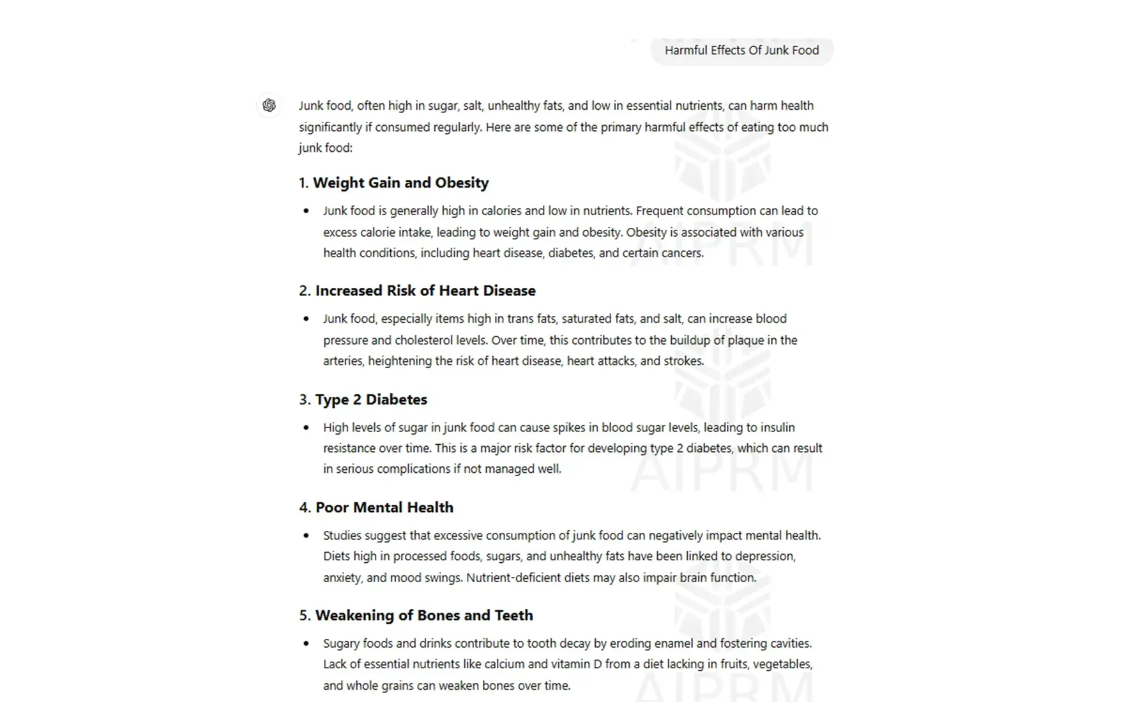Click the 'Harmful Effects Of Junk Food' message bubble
pyautogui.click(x=741, y=50)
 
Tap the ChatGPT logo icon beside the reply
pyautogui.click(x=269, y=105)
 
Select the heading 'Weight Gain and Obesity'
pyautogui.click(x=400, y=183)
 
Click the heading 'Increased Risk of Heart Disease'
pyautogui.click(x=425, y=290)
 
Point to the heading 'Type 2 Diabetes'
pyautogui.click(x=371, y=400)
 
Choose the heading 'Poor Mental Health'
pyautogui.click(x=384, y=507)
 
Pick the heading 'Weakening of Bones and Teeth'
pyautogui.click(x=424, y=615)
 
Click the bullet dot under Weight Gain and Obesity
pyautogui.click(x=307, y=211)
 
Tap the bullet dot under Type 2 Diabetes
pyautogui.click(x=307, y=428)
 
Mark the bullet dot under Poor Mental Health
pyautogui.click(x=307, y=535)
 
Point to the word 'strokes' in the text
pyautogui.click(x=683, y=361)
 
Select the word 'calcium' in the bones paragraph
pyautogui.click(x=505, y=664)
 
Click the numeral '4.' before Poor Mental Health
pyautogui.click(x=305, y=507)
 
